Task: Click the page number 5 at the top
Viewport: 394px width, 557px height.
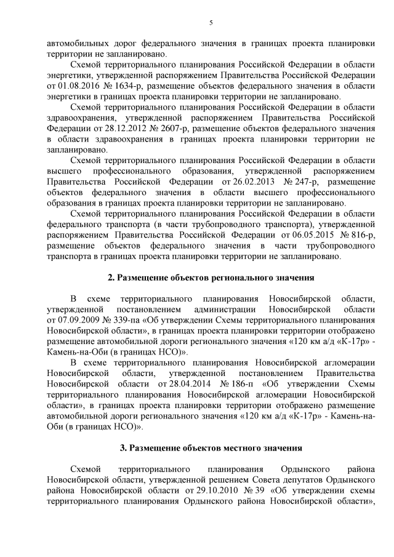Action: [x=211, y=23]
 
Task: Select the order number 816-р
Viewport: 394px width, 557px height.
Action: [x=353, y=234]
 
